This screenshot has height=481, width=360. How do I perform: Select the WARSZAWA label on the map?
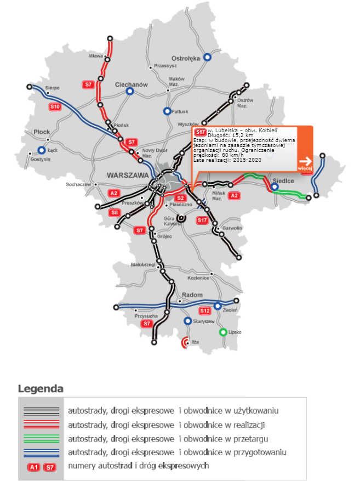(x=129, y=175)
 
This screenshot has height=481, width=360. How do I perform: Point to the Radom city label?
(x=192, y=295)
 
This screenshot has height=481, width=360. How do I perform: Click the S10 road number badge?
(x=54, y=106)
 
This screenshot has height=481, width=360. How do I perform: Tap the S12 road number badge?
(x=205, y=310)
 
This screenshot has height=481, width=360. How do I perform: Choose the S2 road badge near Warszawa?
(x=180, y=198)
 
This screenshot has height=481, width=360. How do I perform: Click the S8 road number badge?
(x=115, y=212)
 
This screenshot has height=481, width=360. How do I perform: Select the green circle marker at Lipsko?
(x=223, y=332)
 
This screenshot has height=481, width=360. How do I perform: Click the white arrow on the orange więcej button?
(x=305, y=161)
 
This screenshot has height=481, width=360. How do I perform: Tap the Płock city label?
(x=42, y=132)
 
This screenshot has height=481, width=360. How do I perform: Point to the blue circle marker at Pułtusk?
(x=167, y=111)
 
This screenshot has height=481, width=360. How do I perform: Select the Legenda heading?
(x=41, y=389)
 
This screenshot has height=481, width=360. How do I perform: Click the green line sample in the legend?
(x=41, y=438)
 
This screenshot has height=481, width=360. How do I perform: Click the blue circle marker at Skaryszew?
(x=188, y=321)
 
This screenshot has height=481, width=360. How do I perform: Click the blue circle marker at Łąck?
(x=42, y=150)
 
